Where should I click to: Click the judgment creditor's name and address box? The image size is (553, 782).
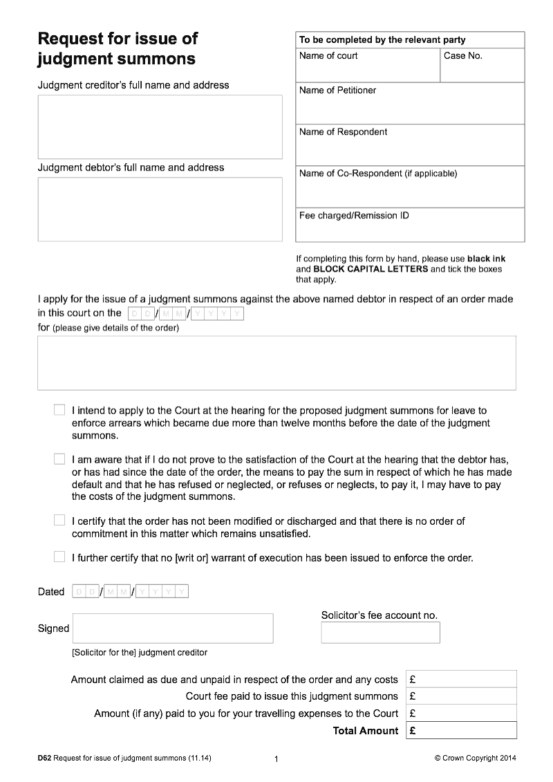[160, 127]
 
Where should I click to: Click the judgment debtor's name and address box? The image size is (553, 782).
[160, 210]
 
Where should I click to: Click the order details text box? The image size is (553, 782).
[276, 363]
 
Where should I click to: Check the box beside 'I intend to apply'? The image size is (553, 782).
[59, 411]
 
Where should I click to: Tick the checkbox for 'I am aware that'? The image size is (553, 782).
[59, 459]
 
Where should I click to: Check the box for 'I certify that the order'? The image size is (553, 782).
[59, 521]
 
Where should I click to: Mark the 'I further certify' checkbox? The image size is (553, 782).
[59, 557]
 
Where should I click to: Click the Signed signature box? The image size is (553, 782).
[173, 629]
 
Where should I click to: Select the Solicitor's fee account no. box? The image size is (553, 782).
[380, 633]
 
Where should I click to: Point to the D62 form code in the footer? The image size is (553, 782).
[44, 758]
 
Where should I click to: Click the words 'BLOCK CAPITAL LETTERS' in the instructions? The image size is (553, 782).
[371, 270]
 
